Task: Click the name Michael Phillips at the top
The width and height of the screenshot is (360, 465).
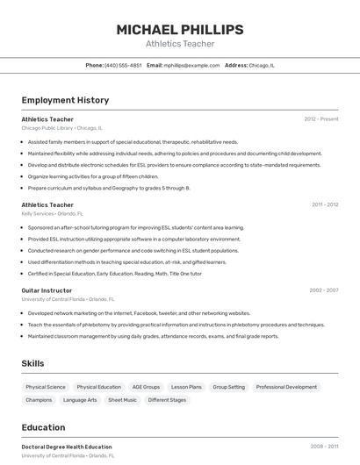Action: pyautogui.click(x=179, y=30)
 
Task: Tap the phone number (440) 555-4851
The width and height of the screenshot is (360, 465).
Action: pyautogui.click(x=123, y=65)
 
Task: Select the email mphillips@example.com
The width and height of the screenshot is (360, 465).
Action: pyautogui.click(x=191, y=65)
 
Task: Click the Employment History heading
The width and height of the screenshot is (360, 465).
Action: pyautogui.click(x=65, y=100)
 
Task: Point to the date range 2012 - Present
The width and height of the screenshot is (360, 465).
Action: pyautogui.click(x=321, y=118)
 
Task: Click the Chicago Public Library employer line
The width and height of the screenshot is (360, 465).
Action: pyautogui.click(x=61, y=127)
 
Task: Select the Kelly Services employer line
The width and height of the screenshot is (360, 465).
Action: pyautogui.click(x=52, y=213)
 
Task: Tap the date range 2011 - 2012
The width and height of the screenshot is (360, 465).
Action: pyautogui.click(x=325, y=204)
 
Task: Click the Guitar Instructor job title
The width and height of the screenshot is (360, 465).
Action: pyautogui.click(x=47, y=290)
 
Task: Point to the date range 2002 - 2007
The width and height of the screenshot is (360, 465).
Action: pyautogui.click(x=324, y=290)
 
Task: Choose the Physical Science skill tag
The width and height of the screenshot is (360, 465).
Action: pyautogui.click(x=46, y=387)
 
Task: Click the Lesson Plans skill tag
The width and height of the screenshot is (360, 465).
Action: pyautogui.click(x=186, y=387)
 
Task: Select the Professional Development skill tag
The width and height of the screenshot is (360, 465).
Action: pyautogui.click(x=286, y=387)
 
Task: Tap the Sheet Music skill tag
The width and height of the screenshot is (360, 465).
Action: pyautogui.click(x=122, y=400)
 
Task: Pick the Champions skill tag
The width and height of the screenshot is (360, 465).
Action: pyautogui.click(x=39, y=400)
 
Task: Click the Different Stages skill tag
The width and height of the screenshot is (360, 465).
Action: pyautogui.click(x=167, y=400)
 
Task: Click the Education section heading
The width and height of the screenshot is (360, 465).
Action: pyautogui.click(x=43, y=427)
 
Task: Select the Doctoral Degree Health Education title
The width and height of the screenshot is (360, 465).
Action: pyautogui.click(x=67, y=447)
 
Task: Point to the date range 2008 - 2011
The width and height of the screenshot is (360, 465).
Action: pyautogui.click(x=324, y=447)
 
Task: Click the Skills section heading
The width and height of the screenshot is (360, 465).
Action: pyautogui.click(x=33, y=362)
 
